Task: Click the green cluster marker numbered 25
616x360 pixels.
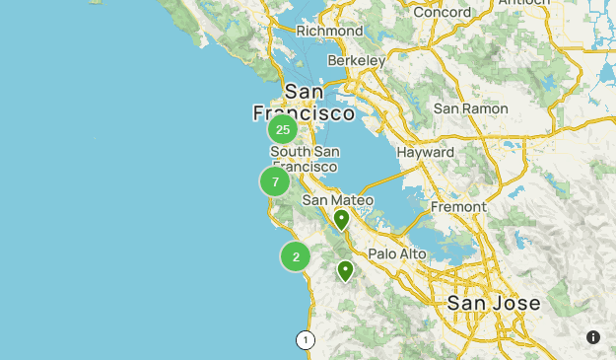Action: (283, 129)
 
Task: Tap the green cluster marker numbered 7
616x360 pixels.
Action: (275, 181)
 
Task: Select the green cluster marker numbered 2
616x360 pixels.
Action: (296, 256)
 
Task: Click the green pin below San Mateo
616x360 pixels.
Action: (341, 219)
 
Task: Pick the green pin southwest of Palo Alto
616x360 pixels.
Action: (345, 270)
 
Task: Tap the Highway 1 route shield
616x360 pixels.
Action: (305, 340)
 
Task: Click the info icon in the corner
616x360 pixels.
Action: (593, 337)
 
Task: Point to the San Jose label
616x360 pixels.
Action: (494, 303)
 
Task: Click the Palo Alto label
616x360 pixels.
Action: (397, 253)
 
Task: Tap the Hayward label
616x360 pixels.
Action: (425, 153)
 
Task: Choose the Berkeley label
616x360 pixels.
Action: (356, 61)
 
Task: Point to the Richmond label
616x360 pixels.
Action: (329, 31)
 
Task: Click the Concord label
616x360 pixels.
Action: (442, 12)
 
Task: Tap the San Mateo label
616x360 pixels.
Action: (338, 200)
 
